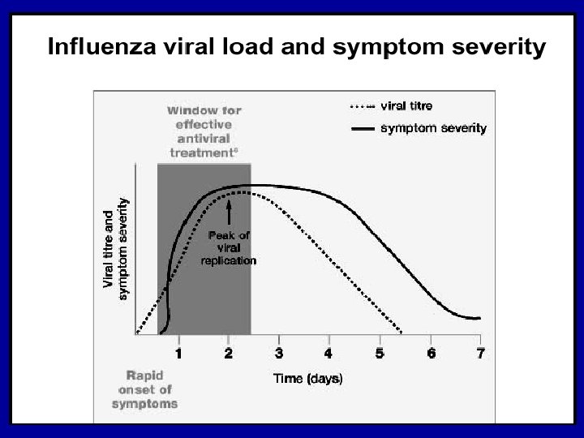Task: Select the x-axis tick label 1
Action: pyautogui.click(x=178, y=352)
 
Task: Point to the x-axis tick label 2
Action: pyautogui.click(x=229, y=352)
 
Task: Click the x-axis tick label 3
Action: pyautogui.click(x=278, y=352)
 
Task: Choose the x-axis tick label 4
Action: pyautogui.click(x=328, y=352)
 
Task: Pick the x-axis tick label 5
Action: pyautogui.click(x=380, y=352)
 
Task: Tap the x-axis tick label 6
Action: pyautogui.click(x=430, y=352)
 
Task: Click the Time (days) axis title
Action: pyautogui.click(x=307, y=378)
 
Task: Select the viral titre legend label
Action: pyautogui.click(x=406, y=105)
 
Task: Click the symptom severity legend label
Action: pyautogui.click(x=433, y=127)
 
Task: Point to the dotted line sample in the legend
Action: pyautogui.click(x=361, y=106)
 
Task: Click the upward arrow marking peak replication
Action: pyautogui.click(x=229, y=213)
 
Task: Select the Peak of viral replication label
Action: pyautogui.click(x=229, y=247)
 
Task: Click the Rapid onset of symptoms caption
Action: pyautogui.click(x=152, y=389)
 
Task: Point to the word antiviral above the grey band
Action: pyautogui.click(x=204, y=139)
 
